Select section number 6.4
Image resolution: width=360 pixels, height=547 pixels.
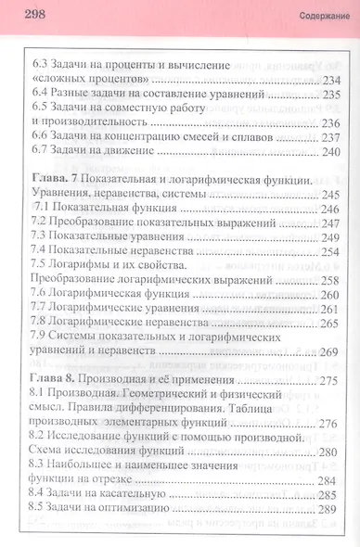40,95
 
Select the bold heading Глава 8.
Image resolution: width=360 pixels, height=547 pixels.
54,380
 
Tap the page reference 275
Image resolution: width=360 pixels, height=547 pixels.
331,380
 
